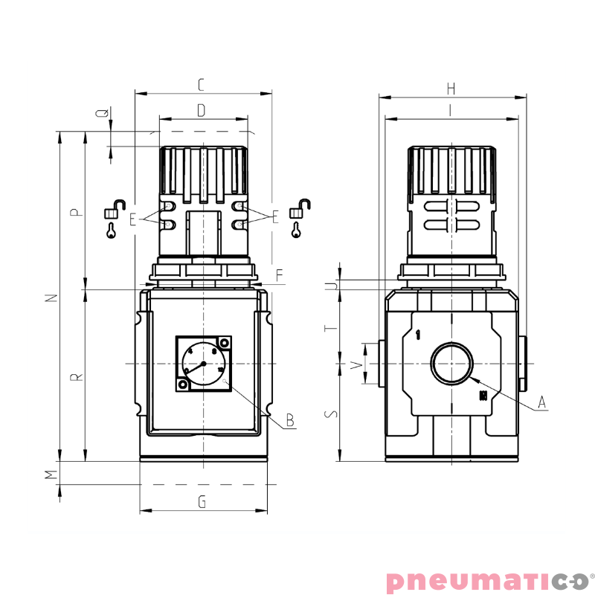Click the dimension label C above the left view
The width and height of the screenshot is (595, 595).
(202, 85)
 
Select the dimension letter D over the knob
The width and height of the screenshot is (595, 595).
(202, 111)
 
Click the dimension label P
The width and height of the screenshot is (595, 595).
(75, 213)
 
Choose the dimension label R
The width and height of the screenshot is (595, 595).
(75, 378)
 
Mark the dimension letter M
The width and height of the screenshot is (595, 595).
(51, 474)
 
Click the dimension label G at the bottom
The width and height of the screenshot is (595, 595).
(202, 502)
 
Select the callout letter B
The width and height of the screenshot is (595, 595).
(290, 421)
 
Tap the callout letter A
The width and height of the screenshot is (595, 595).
(542, 402)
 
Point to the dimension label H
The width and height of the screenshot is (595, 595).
(451, 89)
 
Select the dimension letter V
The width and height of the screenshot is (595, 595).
(356, 364)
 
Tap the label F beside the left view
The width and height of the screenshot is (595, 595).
(279, 275)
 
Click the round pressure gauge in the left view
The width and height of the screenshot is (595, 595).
(202, 364)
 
